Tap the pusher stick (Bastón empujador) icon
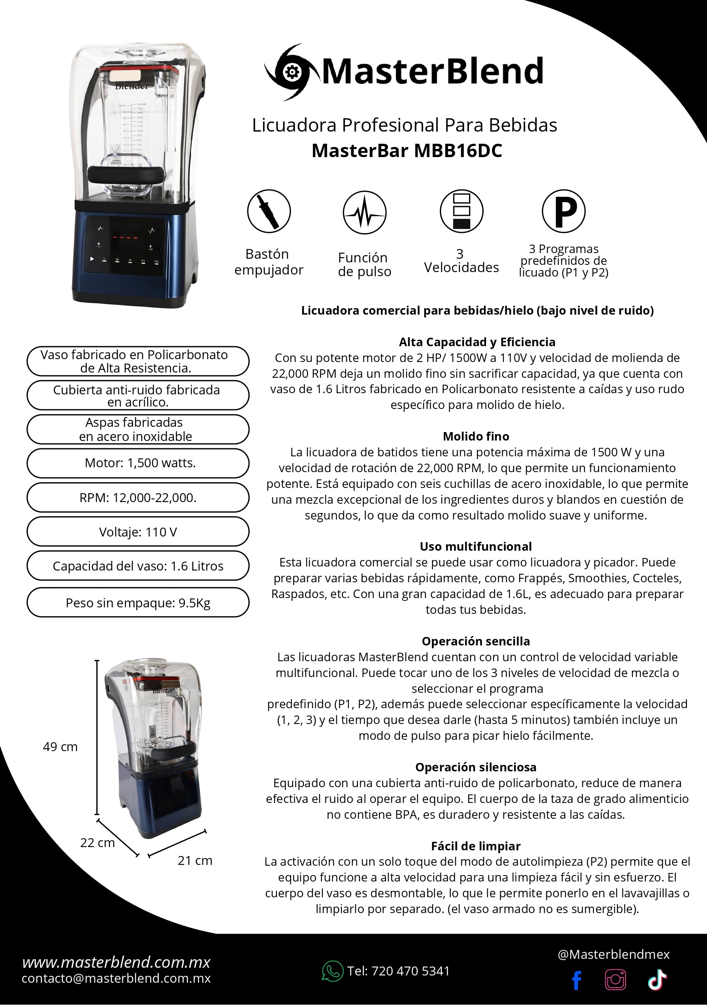[x=269, y=211]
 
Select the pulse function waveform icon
[x=365, y=213]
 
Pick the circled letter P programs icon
[x=563, y=211]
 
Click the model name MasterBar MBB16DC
[x=406, y=151]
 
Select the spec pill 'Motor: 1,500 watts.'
[x=138, y=463]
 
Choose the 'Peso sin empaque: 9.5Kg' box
[x=138, y=603]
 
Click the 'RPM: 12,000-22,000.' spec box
[x=138, y=498]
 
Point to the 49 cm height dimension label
[x=60, y=747]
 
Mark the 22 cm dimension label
[x=97, y=843]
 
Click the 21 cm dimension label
[x=195, y=860]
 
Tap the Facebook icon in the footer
[x=577, y=980]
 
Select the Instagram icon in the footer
[x=615, y=979]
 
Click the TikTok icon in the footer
[x=657, y=979]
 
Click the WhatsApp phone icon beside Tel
[x=332, y=971]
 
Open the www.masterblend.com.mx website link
[x=116, y=962]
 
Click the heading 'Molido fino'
[x=476, y=436]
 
